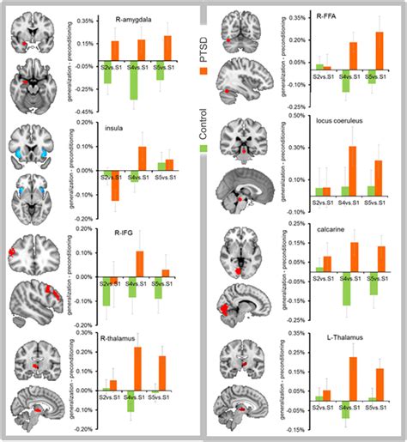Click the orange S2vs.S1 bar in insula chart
(x=115, y=185)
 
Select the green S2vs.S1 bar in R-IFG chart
(x=106, y=292)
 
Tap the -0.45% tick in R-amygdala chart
(x=86, y=111)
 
